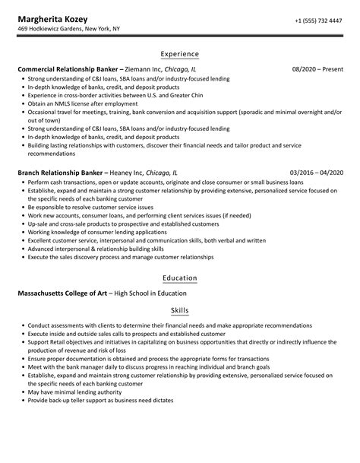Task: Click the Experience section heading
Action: tap(179, 54)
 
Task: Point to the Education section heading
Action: tap(179, 277)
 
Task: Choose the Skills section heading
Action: tap(179, 311)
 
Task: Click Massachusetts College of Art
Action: tap(61, 293)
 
